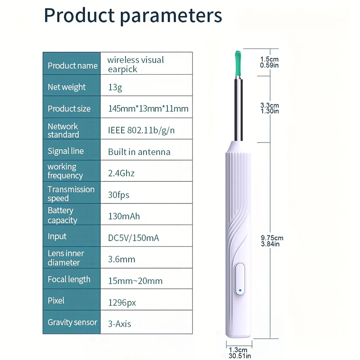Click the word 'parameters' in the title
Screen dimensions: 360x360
[x=171, y=16]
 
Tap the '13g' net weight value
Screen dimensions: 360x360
[x=115, y=87]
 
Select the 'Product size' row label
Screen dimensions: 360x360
[x=69, y=108]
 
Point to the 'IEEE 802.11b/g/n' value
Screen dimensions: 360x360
[x=141, y=130]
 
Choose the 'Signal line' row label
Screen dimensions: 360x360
[x=66, y=151]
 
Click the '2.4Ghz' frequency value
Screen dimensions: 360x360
[x=121, y=173]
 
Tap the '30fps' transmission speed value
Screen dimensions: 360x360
[x=119, y=195]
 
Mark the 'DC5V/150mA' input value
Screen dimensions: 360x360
[x=133, y=238]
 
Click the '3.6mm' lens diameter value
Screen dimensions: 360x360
[x=121, y=260]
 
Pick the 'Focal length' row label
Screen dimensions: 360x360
[x=69, y=279]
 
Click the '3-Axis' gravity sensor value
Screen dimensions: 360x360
[x=119, y=324]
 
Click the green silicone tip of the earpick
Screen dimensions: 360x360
[x=238, y=64]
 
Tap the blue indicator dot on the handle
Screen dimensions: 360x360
[x=240, y=290]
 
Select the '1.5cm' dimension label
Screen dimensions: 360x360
[x=269, y=59]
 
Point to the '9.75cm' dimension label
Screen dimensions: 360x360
[x=272, y=238]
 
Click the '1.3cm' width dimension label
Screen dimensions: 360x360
[x=238, y=350]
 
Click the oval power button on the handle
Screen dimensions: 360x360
[x=240, y=279]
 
